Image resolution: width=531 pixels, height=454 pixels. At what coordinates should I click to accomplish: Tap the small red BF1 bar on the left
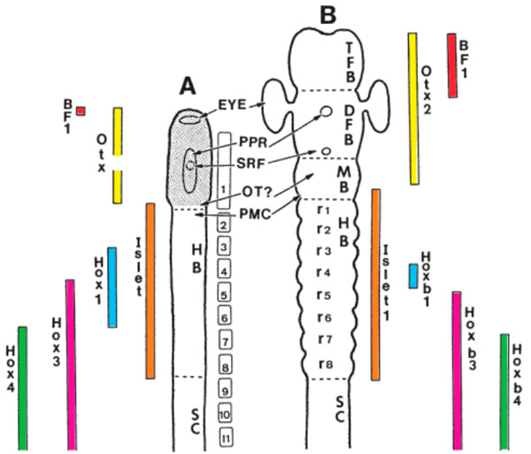pos(81,111)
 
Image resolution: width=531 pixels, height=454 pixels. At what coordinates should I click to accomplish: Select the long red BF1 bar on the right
pos(451,65)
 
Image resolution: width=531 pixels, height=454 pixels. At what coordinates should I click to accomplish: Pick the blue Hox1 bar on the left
pos(112,287)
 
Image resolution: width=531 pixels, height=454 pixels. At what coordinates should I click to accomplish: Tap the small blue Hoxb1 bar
pos(412,276)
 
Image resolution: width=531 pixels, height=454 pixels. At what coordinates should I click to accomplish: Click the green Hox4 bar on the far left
pos(22,388)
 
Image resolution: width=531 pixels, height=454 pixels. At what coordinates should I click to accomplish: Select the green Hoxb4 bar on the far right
pos(504,391)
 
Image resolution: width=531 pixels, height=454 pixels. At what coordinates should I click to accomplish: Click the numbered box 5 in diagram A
pos(224,292)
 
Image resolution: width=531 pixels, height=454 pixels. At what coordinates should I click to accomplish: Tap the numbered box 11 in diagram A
pos(225,436)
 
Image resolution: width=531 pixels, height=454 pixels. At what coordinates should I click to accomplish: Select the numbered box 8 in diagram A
pos(225,366)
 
